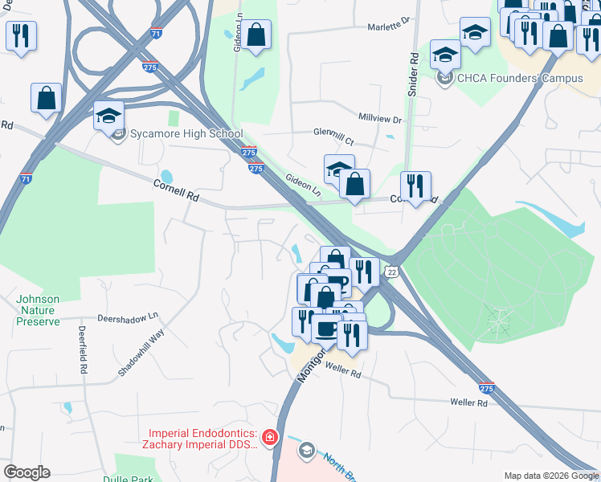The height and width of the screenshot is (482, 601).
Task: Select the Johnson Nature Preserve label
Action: (x=38, y=311)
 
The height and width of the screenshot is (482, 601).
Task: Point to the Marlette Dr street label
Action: (x=389, y=26)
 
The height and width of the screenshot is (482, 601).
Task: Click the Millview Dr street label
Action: (x=379, y=118)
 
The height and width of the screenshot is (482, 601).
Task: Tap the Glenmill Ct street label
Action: (x=333, y=133)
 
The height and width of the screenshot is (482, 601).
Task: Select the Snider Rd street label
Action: (x=414, y=75)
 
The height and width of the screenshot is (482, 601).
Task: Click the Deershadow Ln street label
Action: (x=129, y=318)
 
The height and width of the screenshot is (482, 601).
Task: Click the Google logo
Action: (x=27, y=472)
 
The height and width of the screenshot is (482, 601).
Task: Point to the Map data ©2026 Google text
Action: (x=550, y=476)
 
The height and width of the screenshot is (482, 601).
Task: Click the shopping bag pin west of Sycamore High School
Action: (x=47, y=98)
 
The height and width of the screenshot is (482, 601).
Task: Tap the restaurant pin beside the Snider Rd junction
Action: (x=415, y=186)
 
